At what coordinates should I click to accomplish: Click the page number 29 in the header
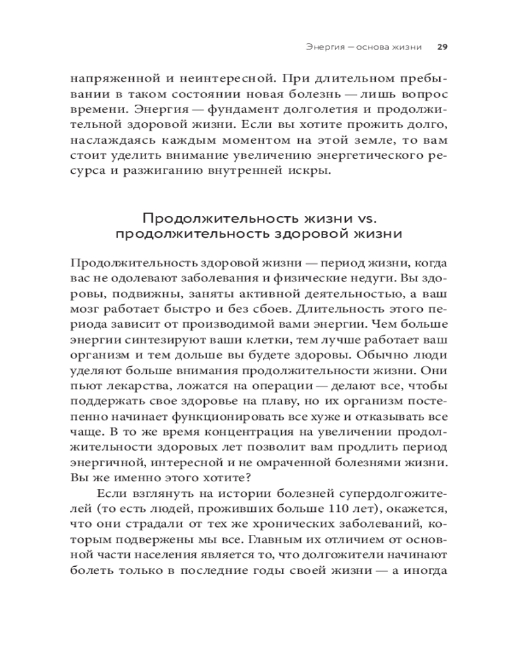441,48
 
